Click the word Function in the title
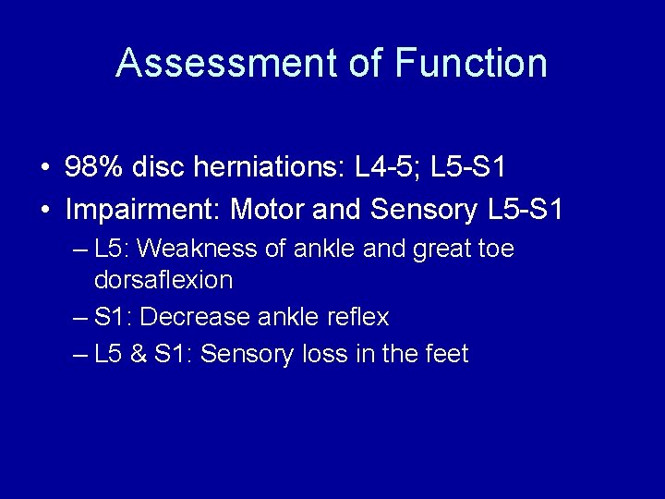(x=471, y=63)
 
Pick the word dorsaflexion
(x=163, y=279)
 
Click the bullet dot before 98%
(x=44, y=169)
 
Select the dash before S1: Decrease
(x=79, y=318)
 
